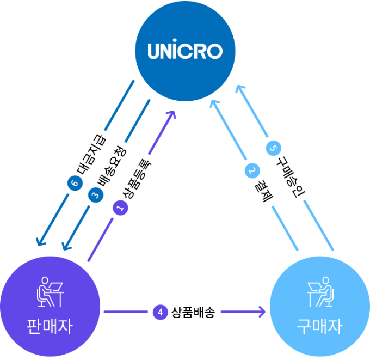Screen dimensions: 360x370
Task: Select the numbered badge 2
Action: point(251,170)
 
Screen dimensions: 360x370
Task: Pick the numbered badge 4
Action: point(159,313)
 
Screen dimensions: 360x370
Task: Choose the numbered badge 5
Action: point(273,147)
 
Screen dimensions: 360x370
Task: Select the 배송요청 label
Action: point(112,166)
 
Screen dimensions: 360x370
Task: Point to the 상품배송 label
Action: point(193,313)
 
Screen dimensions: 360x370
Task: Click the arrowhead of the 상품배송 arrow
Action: point(262,312)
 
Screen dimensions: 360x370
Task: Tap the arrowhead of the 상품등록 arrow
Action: point(172,114)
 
